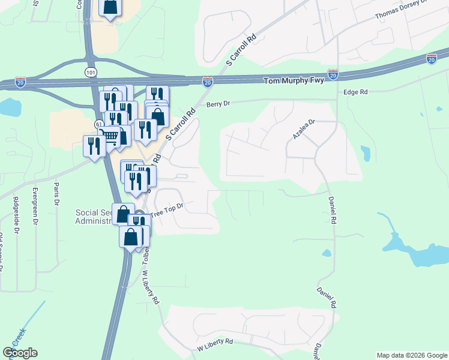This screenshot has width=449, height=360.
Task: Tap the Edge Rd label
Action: click(x=355, y=92)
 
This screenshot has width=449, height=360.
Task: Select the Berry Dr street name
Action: click(x=218, y=104)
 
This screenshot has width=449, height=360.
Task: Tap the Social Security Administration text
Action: click(x=94, y=217)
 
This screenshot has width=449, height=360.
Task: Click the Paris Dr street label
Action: click(x=57, y=194)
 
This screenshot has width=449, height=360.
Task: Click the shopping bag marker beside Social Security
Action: click(x=122, y=214)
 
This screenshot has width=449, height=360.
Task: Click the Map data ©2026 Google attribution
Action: click(x=411, y=355)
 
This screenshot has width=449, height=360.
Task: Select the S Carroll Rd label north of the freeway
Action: click(x=241, y=50)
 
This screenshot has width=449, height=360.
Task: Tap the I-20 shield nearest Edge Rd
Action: click(x=333, y=74)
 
